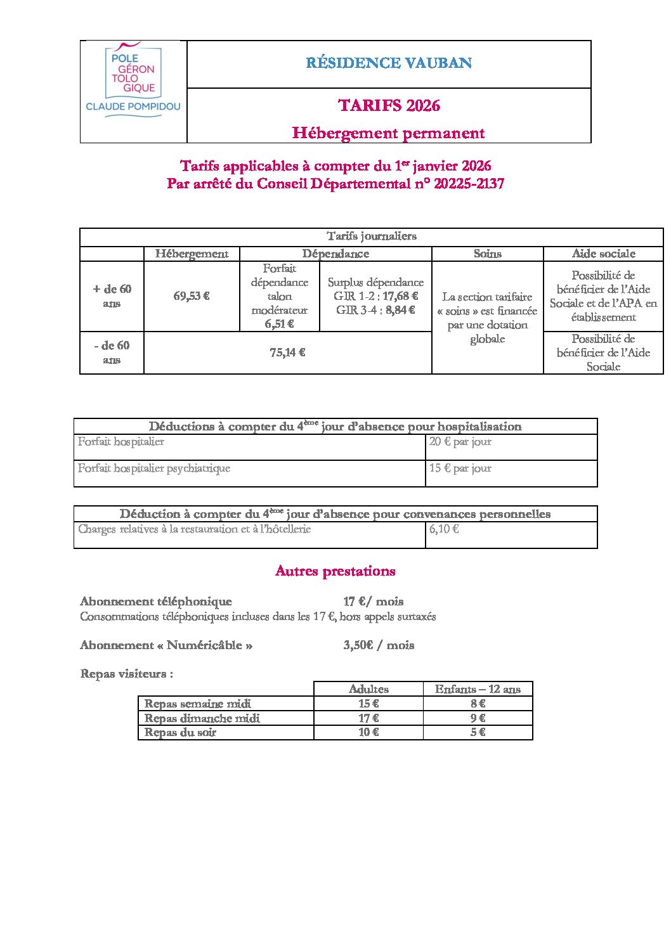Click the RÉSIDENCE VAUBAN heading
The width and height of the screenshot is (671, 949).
click(389, 63)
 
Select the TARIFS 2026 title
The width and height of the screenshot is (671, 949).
click(389, 105)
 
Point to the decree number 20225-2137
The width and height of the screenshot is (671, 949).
click(469, 184)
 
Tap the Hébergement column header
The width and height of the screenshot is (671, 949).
click(192, 254)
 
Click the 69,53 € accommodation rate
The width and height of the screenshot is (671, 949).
click(192, 296)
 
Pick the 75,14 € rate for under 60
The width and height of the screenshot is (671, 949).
click(287, 352)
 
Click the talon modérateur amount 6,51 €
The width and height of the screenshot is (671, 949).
click(279, 324)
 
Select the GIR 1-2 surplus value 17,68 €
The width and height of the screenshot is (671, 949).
click(400, 296)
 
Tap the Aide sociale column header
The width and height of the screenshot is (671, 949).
click(603, 254)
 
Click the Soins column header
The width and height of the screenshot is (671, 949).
click(487, 254)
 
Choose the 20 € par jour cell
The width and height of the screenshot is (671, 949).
click(460, 442)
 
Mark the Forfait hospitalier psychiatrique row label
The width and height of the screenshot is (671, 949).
click(154, 468)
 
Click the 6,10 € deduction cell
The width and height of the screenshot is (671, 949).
click(444, 529)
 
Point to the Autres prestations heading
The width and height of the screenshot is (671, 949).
click(335, 571)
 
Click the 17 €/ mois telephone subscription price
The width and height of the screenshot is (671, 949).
click(374, 602)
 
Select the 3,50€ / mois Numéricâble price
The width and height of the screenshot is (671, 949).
click(379, 645)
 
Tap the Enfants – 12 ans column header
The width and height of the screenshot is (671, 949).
click(478, 689)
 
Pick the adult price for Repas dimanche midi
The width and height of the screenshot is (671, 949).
click(368, 718)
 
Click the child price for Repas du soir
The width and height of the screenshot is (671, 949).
click(478, 732)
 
